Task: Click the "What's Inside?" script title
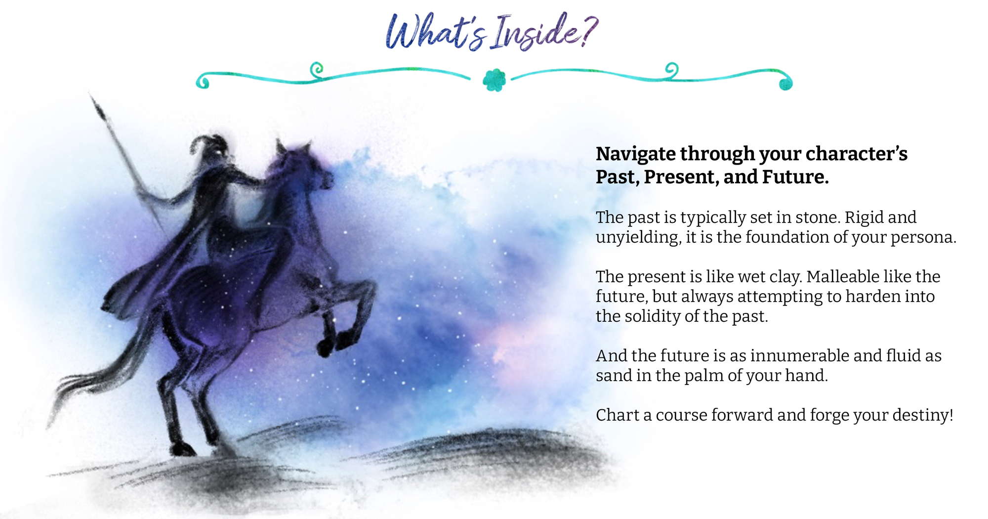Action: coord(492,32)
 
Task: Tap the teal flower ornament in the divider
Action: coord(494,80)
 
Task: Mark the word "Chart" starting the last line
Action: coord(617,415)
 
